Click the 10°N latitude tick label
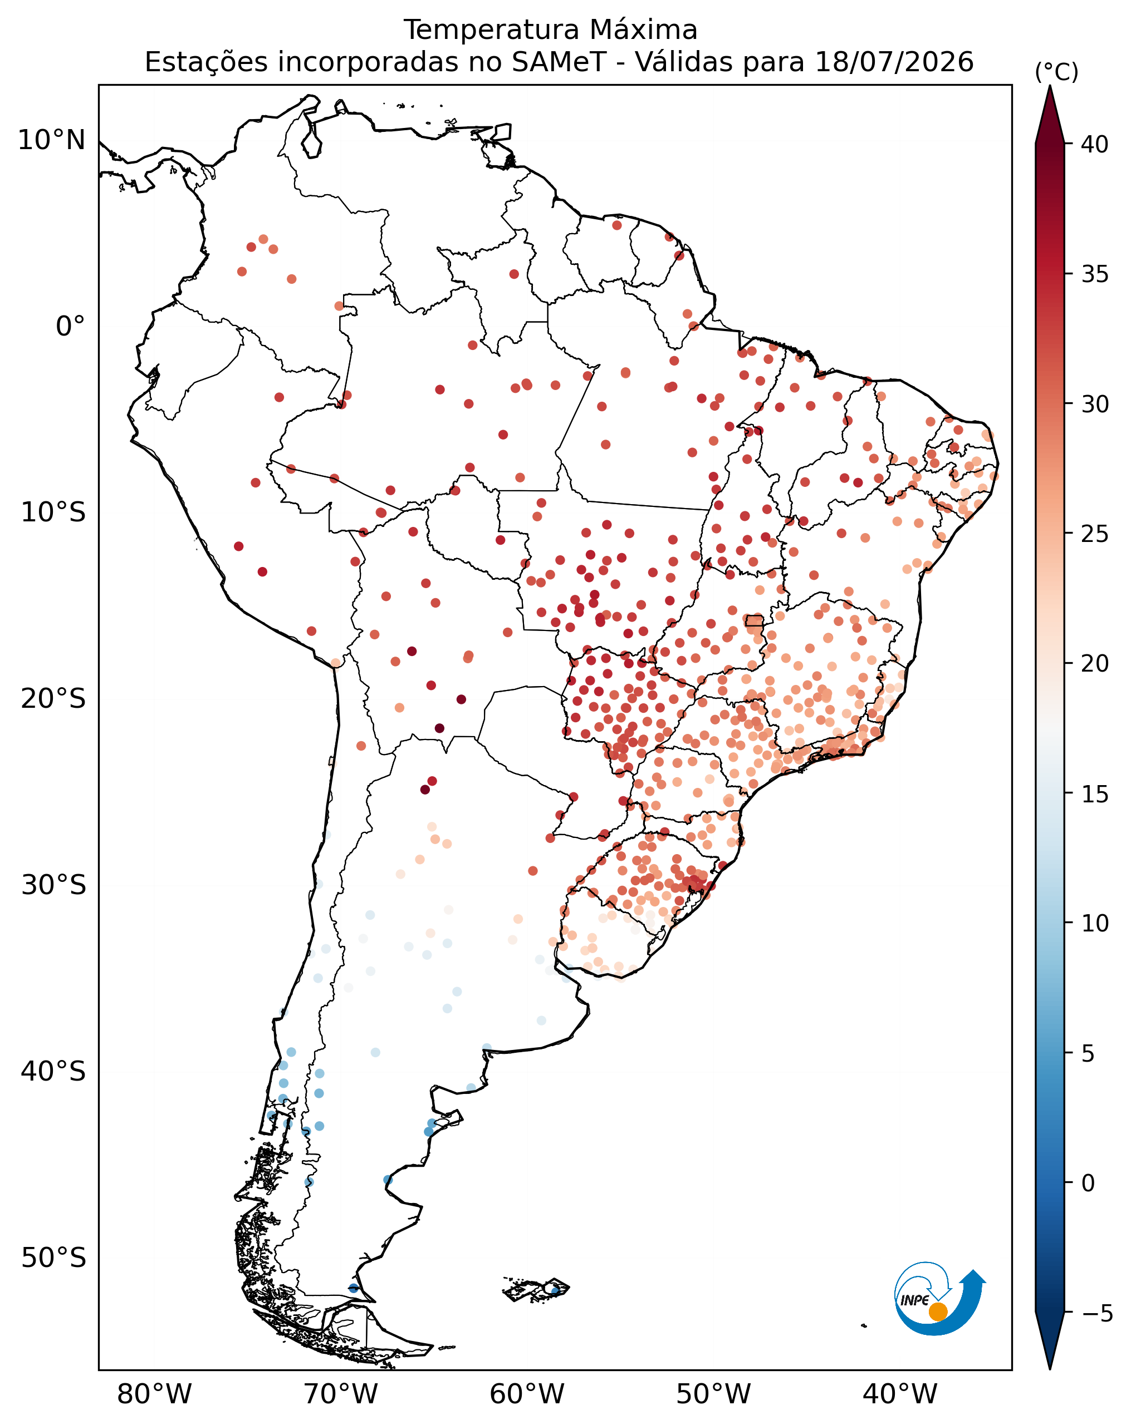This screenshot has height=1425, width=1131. click(x=52, y=140)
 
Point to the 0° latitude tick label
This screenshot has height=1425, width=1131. click(x=71, y=327)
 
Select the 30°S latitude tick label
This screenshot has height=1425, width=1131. click(x=53, y=885)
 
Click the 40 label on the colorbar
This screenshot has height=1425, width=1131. click(x=1095, y=144)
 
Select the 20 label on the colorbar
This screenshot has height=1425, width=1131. click(x=1095, y=663)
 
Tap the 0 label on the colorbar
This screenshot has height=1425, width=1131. click(x=1088, y=1183)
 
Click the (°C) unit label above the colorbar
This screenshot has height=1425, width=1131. click(x=1056, y=71)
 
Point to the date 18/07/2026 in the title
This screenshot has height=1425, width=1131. click(x=894, y=62)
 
